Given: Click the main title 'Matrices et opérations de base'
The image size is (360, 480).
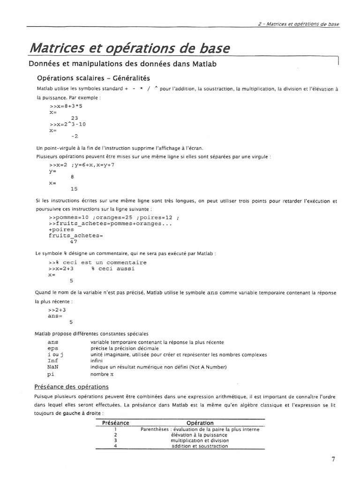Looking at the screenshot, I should [x=130, y=47].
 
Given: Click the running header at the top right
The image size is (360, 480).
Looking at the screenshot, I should [x=299, y=24].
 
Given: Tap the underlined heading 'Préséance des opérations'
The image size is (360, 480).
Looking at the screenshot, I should [x=72, y=387].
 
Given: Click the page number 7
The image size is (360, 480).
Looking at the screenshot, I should [x=333, y=459].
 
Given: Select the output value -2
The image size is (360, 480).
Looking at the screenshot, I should [x=74, y=136].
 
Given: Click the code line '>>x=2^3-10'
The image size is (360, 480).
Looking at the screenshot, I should [x=67, y=124].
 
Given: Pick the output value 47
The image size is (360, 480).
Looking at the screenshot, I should [x=73, y=242].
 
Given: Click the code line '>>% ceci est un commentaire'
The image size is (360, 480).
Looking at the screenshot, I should [x=97, y=262].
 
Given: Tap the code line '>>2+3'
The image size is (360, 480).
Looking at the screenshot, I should [x=57, y=310].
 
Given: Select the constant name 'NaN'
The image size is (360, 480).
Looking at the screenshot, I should [x=52, y=367].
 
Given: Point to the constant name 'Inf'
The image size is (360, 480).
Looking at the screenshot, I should [x=53, y=361].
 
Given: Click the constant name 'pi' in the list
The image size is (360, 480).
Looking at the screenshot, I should [x=51, y=375].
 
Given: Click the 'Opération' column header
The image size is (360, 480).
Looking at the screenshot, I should [x=200, y=423].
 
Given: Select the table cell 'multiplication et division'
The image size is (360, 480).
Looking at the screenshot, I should [x=200, y=441].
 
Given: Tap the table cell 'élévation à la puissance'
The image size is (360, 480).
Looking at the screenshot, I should [x=200, y=435].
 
